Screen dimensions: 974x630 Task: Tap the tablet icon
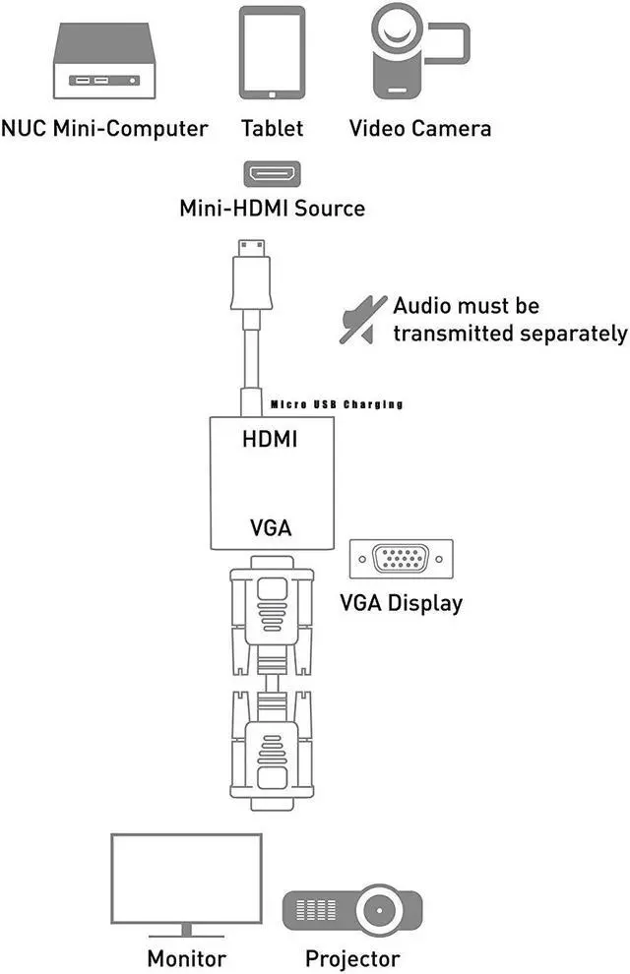click(271, 54)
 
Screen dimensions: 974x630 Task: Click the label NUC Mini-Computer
click(105, 128)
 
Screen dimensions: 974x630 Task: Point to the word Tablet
click(272, 128)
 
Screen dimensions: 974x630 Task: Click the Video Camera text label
click(420, 128)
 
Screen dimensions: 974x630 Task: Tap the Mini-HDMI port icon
click(272, 174)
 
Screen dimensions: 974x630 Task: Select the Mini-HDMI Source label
click(272, 209)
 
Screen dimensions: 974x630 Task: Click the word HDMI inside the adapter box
click(270, 440)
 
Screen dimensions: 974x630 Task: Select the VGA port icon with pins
click(401, 560)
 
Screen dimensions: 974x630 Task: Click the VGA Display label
click(400, 602)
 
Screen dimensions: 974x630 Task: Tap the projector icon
click(352, 909)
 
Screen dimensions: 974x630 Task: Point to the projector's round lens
click(381, 909)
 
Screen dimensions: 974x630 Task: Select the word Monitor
click(186, 957)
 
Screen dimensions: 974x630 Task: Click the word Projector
click(352, 957)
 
